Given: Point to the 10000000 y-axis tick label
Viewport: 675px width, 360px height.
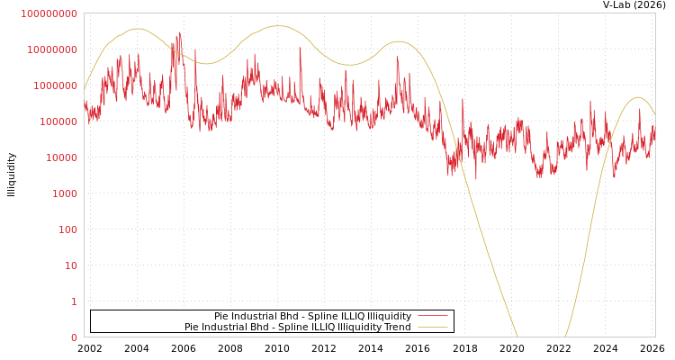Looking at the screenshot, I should [52, 49].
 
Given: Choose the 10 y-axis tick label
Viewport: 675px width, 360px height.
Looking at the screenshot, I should [70, 265].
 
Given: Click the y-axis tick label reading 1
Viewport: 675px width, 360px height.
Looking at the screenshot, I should [74, 301].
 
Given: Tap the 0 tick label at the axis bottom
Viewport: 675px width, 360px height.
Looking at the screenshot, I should [74, 337].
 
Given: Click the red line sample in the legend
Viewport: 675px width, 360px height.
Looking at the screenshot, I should [433, 316].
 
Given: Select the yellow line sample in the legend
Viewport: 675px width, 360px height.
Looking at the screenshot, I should [433, 327].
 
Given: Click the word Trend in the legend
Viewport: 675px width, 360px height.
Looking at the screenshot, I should [397, 327].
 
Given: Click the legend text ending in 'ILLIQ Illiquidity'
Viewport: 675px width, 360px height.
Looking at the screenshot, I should [312, 316].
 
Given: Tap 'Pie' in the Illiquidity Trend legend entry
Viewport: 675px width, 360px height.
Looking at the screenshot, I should [193, 327].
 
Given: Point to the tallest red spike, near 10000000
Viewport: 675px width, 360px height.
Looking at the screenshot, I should [180, 33].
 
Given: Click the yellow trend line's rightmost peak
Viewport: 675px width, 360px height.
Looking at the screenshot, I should [637, 97].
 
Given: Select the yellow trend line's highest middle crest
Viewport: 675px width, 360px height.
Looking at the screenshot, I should [277, 26].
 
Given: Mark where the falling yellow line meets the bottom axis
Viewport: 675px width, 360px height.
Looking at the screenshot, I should [517, 337].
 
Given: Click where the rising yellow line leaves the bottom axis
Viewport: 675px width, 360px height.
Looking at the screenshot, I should [566, 337].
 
